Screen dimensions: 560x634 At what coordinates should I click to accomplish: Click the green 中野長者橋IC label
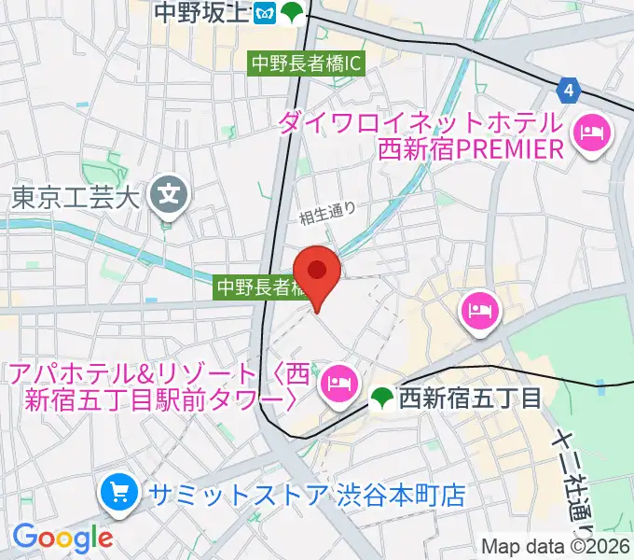click(x=305, y=64)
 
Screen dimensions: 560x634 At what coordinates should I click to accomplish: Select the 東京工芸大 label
click(x=75, y=197)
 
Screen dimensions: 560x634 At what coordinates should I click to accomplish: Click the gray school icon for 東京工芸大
click(x=169, y=196)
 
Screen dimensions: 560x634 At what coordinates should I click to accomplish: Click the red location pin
click(x=318, y=272)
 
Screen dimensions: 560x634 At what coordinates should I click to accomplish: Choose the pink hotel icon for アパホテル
click(x=337, y=382)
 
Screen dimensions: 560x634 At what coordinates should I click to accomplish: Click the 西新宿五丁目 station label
click(x=470, y=399)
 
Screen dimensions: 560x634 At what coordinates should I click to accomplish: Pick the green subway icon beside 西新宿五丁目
click(x=380, y=399)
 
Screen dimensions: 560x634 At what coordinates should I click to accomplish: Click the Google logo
click(x=62, y=538)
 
